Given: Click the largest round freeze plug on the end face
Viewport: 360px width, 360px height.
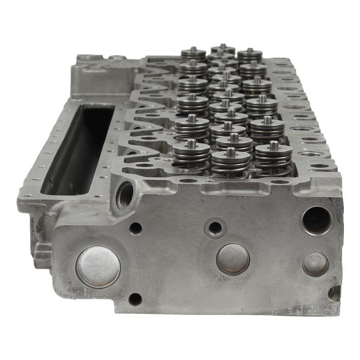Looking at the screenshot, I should pos(98,266).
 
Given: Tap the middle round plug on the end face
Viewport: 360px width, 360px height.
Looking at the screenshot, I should pos(233,259).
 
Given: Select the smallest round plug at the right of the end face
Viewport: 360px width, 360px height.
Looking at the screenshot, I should pos(315,264).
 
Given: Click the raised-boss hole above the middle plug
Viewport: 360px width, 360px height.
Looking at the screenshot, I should pos(215,228).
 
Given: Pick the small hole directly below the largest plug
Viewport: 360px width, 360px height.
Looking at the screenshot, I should pos(135,298).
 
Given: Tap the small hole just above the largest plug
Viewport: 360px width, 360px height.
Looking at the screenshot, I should pos(135,228).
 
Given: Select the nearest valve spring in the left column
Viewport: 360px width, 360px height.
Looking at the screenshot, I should pos(192,155).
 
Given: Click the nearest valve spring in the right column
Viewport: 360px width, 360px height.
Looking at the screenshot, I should pos(274,157).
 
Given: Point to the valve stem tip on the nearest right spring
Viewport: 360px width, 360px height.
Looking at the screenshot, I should pos(274,145).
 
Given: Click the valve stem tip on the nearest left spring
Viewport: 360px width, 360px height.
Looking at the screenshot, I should pos(192,143).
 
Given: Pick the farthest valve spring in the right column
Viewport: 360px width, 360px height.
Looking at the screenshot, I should pos(250,55).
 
